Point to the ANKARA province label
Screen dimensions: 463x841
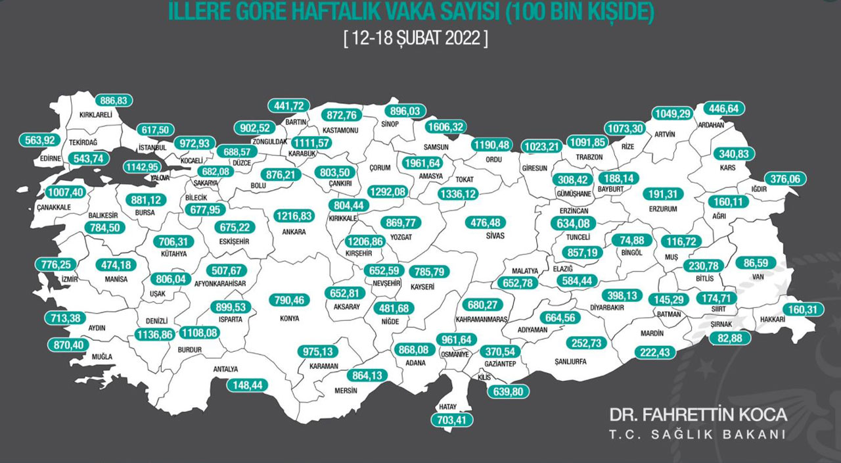pyautogui.click(x=294, y=231)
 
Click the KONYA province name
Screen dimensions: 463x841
pyautogui.click(x=289, y=318)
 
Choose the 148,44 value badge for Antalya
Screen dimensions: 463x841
pyautogui.click(x=247, y=385)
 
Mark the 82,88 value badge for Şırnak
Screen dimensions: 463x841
pyautogui.click(x=729, y=339)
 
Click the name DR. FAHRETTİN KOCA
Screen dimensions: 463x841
pyautogui.click(x=698, y=415)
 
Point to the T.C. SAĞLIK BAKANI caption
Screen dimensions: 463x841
pyautogui.click(x=698, y=435)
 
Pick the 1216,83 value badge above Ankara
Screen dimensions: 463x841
pyautogui.click(x=294, y=216)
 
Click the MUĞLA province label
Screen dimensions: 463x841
pyautogui.click(x=84, y=356)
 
